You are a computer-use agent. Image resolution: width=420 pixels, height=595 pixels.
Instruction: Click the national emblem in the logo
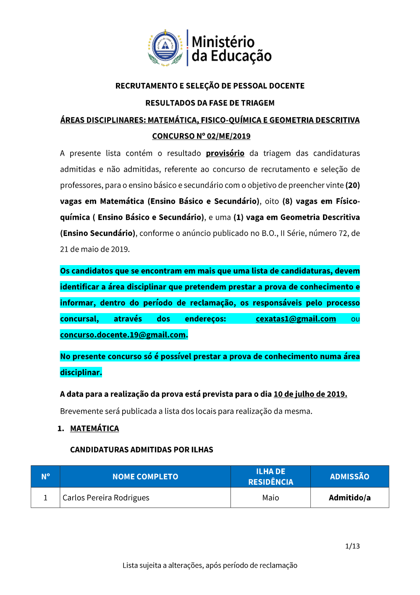tap(165, 48)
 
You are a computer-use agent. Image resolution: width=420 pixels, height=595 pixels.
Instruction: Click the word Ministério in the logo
tap(223, 42)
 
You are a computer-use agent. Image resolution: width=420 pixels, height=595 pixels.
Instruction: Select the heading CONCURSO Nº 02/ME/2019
tap(201, 136)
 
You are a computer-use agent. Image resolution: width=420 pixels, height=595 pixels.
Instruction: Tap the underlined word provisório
tap(225, 153)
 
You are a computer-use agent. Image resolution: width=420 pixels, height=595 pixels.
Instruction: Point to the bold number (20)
tap(352, 185)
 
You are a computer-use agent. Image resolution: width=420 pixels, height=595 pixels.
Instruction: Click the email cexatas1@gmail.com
tap(296, 319)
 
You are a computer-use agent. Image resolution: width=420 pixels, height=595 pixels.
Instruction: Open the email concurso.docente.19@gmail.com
tap(123, 335)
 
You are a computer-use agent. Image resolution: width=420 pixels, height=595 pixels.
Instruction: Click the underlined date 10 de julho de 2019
tap(310, 394)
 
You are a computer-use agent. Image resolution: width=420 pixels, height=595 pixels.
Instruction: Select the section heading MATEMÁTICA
tap(94, 428)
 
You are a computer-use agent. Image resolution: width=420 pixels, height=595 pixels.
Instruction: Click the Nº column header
tap(45, 476)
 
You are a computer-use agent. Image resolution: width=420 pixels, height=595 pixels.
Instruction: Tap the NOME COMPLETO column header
tap(145, 477)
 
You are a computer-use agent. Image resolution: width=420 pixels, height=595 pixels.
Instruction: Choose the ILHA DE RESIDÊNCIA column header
tap(270, 477)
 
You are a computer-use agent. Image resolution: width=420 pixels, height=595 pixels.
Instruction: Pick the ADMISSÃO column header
tap(349, 477)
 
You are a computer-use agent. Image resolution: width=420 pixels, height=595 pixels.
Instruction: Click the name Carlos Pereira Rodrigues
tap(106, 498)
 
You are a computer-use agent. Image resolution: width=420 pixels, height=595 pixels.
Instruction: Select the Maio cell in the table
tap(270, 498)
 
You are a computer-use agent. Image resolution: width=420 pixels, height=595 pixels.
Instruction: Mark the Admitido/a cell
tap(349, 498)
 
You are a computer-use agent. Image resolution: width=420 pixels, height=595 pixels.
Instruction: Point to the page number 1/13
tap(352, 546)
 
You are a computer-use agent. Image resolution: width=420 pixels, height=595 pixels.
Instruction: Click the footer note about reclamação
tap(210, 566)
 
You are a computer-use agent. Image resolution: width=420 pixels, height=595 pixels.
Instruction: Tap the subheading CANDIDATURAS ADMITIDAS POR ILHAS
tap(142, 450)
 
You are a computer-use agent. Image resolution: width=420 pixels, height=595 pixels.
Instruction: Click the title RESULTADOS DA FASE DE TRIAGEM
tap(210, 103)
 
